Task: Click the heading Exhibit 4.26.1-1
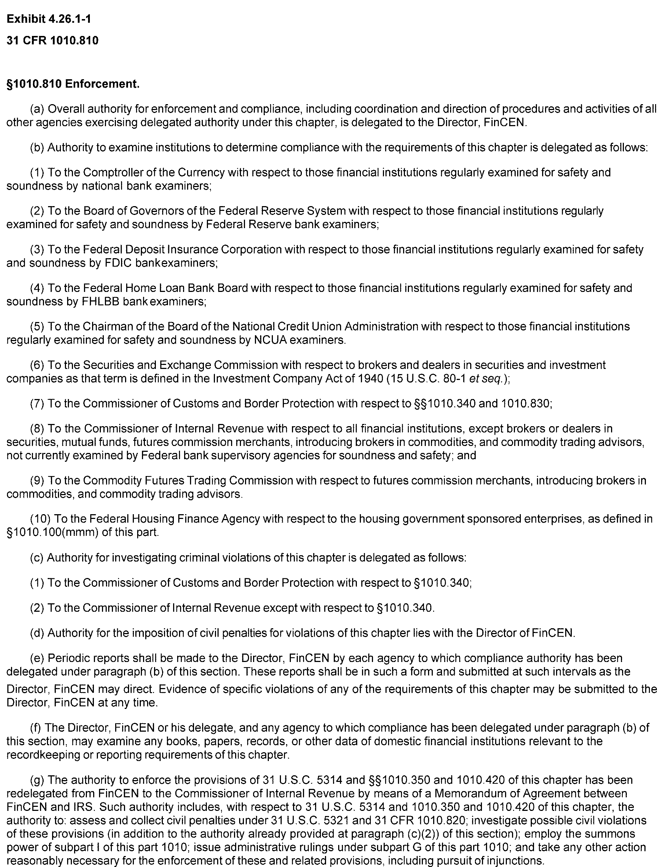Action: [x=49, y=19]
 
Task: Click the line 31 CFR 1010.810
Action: [x=52, y=41]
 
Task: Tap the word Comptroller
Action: [x=109, y=173]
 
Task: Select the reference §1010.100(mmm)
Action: [x=52, y=533]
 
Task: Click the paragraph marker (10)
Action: [x=40, y=519]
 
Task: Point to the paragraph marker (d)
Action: [x=37, y=633]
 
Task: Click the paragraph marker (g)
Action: [x=37, y=780]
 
